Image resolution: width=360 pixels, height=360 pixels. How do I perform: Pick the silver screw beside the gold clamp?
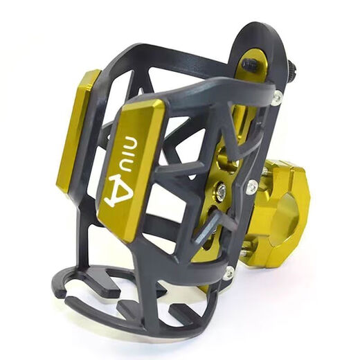[253, 187]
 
